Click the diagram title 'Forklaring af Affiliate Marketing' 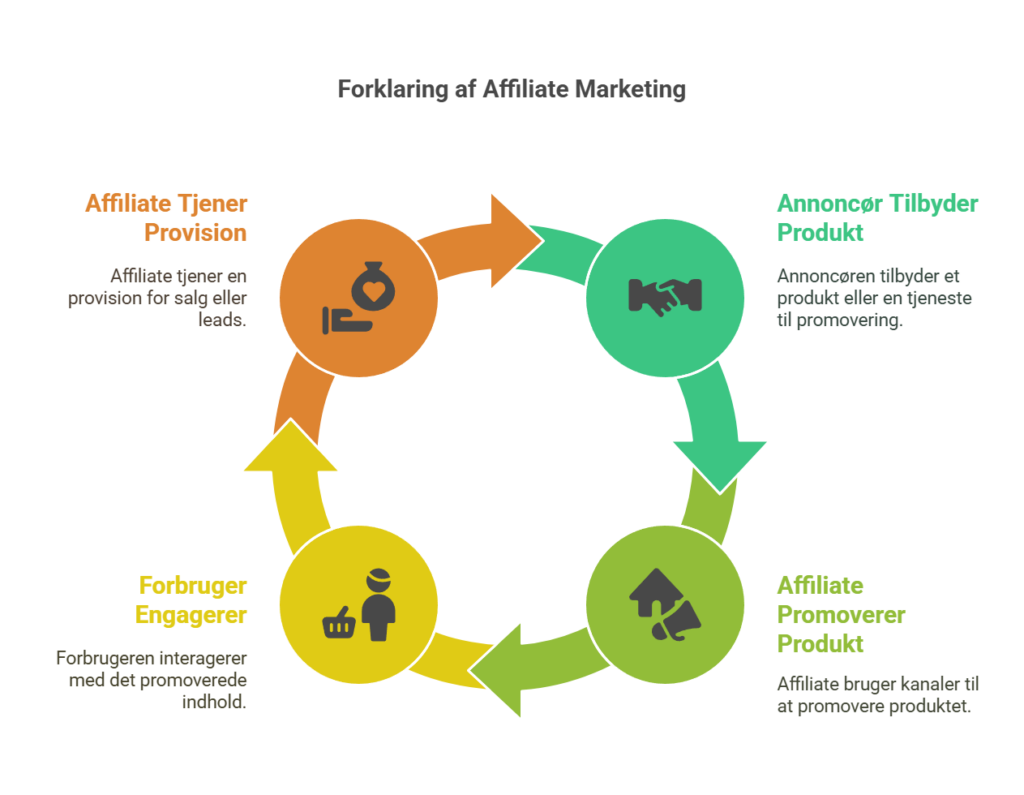coord(511,90)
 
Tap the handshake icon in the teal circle coord(665,295)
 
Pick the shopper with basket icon coord(360,606)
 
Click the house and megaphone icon coord(665,605)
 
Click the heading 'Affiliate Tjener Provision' coord(166,218)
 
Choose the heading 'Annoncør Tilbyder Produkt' coord(877,218)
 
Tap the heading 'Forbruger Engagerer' coord(192,600)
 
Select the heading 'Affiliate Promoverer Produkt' coord(840,614)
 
